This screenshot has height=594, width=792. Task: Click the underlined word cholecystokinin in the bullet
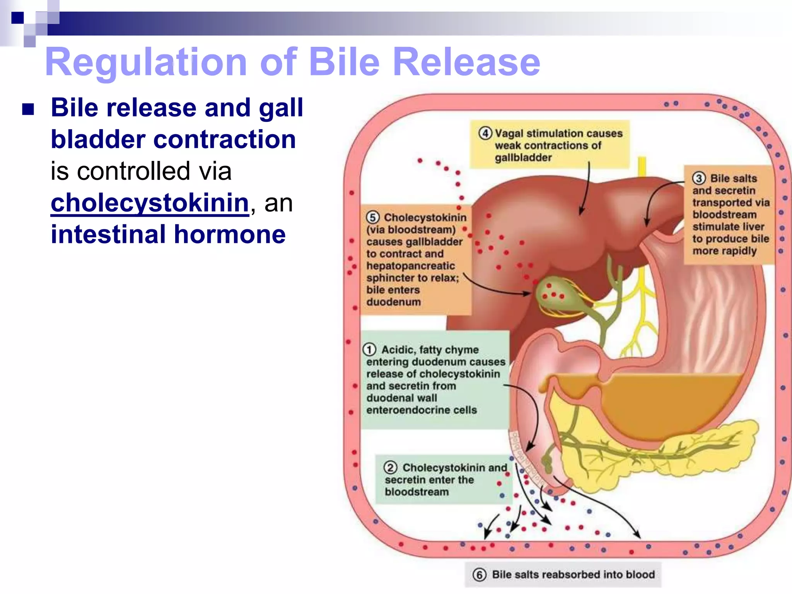(150, 203)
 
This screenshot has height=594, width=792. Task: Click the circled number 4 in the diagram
(485, 133)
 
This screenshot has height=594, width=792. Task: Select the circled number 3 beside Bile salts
(698, 178)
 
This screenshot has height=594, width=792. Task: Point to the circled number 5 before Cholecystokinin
(372, 217)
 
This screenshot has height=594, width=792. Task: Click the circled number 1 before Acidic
(369, 350)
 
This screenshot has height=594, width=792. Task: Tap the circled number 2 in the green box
(390, 468)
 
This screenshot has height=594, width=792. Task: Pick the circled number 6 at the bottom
(479, 575)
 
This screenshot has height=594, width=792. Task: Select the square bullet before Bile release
(28, 109)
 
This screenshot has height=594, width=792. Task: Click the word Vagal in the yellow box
(509, 133)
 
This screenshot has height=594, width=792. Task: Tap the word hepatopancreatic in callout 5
(411, 266)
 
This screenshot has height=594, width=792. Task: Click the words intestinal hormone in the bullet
(168, 234)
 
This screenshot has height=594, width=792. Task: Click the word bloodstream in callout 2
(416, 492)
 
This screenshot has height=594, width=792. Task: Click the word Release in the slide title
(466, 62)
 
